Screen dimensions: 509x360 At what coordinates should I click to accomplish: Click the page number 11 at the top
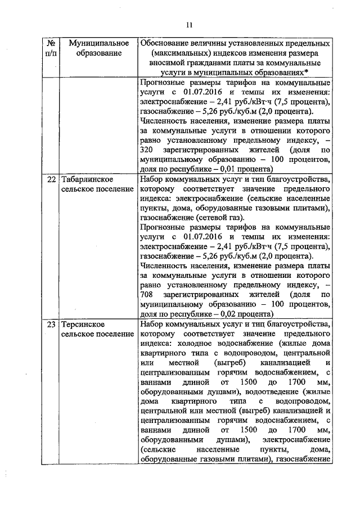click(189, 24)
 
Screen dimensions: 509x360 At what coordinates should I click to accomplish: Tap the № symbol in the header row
click(51, 43)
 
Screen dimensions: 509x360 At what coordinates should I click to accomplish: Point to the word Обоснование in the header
click(165, 43)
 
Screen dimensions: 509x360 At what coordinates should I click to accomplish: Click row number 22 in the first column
click(51, 179)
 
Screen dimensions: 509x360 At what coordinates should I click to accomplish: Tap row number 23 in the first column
click(51, 325)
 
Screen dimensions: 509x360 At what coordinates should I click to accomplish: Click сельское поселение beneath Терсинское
click(97, 334)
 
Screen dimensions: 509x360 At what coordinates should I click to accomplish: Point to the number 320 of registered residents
click(147, 150)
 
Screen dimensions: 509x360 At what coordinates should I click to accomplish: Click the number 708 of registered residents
click(147, 294)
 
